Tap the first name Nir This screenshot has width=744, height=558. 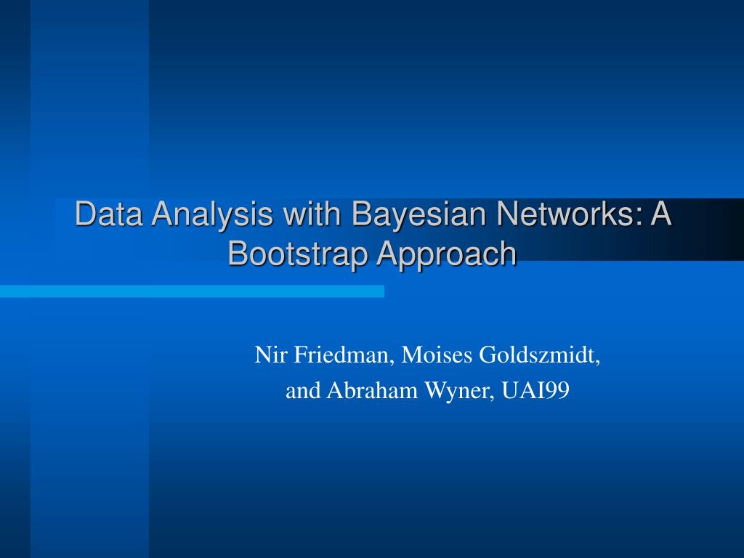266,355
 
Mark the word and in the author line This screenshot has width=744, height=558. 303,391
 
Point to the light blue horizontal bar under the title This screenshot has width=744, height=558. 192,291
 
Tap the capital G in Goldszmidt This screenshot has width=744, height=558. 485,355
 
